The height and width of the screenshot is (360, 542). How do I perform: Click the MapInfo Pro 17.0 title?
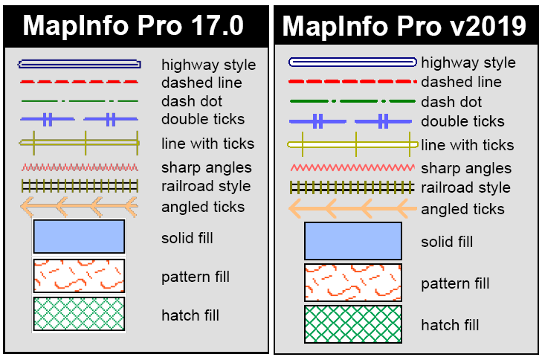tap(133, 25)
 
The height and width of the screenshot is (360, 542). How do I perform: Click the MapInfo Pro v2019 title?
tap(404, 27)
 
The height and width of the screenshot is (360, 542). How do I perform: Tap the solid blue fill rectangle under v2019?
tap(353, 241)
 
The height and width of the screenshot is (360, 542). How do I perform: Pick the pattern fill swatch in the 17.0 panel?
tap(79, 276)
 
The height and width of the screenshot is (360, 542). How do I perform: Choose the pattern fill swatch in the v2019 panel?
tap(353, 283)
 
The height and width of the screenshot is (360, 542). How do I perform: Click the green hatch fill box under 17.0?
tap(79, 314)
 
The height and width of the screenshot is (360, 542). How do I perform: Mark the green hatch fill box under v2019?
tap(353, 324)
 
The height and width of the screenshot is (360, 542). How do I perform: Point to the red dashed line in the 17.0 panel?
tap(79, 81)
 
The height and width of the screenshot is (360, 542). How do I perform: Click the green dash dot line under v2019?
tap(352, 101)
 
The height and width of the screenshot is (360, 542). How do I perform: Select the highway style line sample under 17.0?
tap(79, 64)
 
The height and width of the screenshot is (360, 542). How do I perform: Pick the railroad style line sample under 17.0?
tap(79, 185)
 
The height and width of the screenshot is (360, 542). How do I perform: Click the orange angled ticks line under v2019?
tap(352, 209)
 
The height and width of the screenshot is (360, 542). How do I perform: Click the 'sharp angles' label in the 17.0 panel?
tap(206, 167)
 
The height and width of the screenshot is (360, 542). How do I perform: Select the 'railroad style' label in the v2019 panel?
tap(465, 187)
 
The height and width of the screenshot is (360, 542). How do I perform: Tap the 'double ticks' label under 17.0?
tap(202, 119)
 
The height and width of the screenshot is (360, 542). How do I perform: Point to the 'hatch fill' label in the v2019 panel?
tap(451, 325)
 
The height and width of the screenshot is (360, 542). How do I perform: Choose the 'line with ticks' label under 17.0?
tap(207, 144)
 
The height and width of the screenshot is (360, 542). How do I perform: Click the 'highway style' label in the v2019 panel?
tap(468, 63)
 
